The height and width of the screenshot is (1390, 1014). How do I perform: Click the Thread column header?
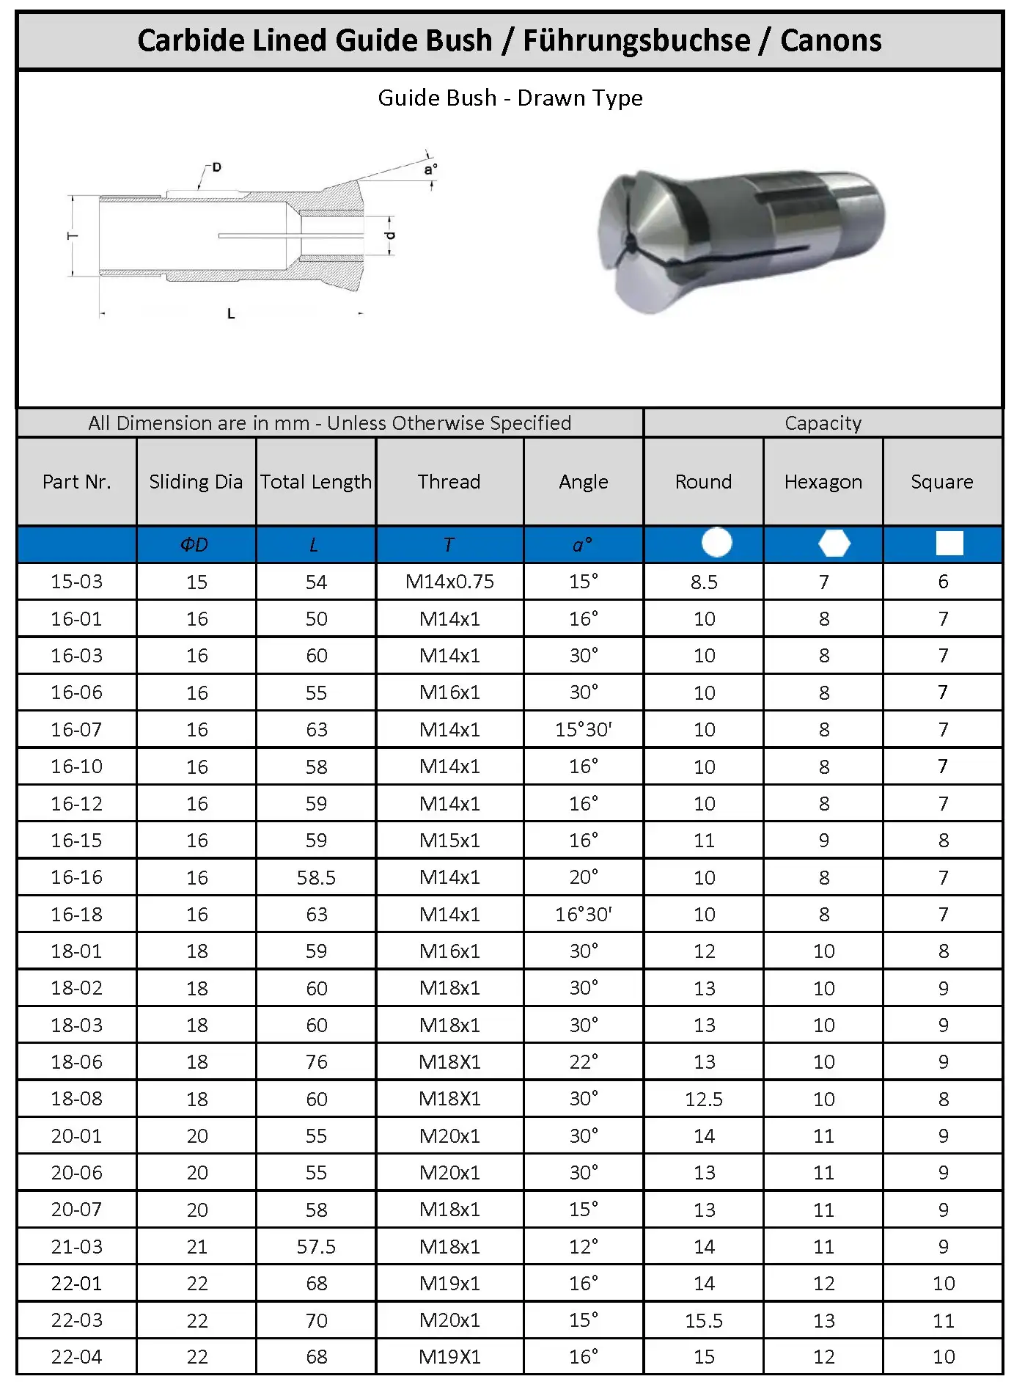point(449,482)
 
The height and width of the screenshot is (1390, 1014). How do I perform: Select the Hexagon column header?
point(823,482)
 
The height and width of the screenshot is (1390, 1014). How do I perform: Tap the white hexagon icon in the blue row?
point(834,544)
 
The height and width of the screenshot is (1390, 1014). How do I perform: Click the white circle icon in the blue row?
point(716,543)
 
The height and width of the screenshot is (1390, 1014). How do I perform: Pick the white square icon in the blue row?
point(949,544)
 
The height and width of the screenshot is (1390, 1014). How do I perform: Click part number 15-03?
point(77,582)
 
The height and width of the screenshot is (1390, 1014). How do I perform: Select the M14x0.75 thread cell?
point(449,582)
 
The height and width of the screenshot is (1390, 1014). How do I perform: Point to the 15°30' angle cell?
point(584,730)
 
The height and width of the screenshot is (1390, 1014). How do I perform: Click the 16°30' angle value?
point(584,915)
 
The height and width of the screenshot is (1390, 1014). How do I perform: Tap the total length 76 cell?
point(316,1062)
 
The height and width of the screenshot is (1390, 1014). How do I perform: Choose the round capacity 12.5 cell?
point(704,1099)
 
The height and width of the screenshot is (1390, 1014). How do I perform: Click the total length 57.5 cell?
point(316,1247)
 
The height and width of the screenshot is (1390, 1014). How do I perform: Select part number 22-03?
point(77,1320)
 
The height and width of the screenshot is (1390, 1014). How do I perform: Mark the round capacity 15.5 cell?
point(704,1320)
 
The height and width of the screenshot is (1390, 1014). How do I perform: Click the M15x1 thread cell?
point(449,841)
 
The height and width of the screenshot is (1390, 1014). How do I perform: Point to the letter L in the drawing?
point(231,314)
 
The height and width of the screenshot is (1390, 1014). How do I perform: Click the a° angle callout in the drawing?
point(430,170)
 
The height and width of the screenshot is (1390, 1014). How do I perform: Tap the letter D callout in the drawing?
point(216,167)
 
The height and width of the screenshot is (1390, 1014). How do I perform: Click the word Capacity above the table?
point(823,423)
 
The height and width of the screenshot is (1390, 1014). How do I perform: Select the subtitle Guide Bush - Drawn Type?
point(510,98)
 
